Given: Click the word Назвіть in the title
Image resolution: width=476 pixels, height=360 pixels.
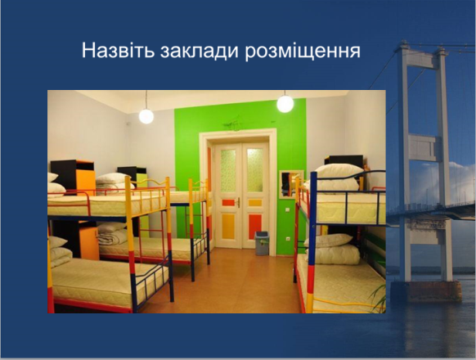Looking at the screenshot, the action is point(118,50).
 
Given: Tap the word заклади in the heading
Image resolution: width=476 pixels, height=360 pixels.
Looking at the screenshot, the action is point(199,51).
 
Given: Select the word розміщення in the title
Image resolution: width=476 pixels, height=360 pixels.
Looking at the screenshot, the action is point(303,52).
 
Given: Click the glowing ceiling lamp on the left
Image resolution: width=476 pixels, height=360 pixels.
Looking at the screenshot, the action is point(146,116).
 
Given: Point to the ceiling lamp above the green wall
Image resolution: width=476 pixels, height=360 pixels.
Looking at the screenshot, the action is point(285,104).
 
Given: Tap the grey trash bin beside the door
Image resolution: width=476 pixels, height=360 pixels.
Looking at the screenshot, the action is point(262,243).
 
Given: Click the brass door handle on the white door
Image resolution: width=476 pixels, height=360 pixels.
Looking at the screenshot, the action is point(239,202).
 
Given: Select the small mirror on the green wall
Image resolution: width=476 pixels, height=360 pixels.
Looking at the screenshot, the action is point(291,184).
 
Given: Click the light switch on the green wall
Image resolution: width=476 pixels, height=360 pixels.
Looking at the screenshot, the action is point(287,210).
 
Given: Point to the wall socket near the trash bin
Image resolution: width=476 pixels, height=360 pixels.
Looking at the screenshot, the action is point(286,239).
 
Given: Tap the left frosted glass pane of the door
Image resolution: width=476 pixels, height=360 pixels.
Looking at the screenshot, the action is point(228,170).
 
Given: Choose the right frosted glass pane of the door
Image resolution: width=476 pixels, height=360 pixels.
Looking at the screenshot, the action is point(254,170).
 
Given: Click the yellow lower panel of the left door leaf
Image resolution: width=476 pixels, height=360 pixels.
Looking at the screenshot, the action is point(228,227).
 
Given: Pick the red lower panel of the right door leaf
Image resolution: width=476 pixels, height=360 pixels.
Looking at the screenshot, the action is point(255,227).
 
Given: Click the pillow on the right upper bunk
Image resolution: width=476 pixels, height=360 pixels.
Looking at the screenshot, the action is point(339,171).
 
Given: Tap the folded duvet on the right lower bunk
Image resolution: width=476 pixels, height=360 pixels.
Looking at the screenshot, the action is point(335,254).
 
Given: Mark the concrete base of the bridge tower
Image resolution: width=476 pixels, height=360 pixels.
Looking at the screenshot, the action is point(426,291).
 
